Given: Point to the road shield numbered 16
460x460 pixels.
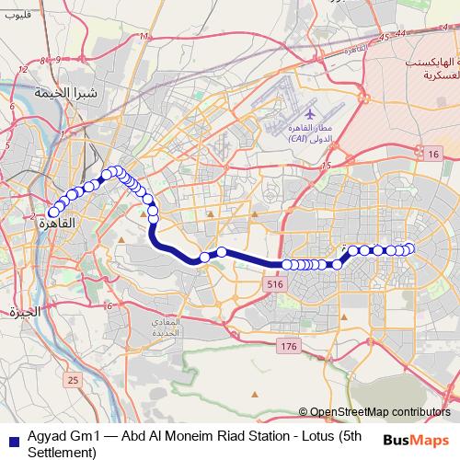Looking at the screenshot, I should click(x=432, y=155).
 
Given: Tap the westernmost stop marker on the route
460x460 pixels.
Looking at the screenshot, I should click(x=54, y=213).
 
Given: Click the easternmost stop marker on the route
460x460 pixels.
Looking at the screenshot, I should click(x=410, y=248).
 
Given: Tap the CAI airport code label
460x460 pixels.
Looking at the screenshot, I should click(x=298, y=138).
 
